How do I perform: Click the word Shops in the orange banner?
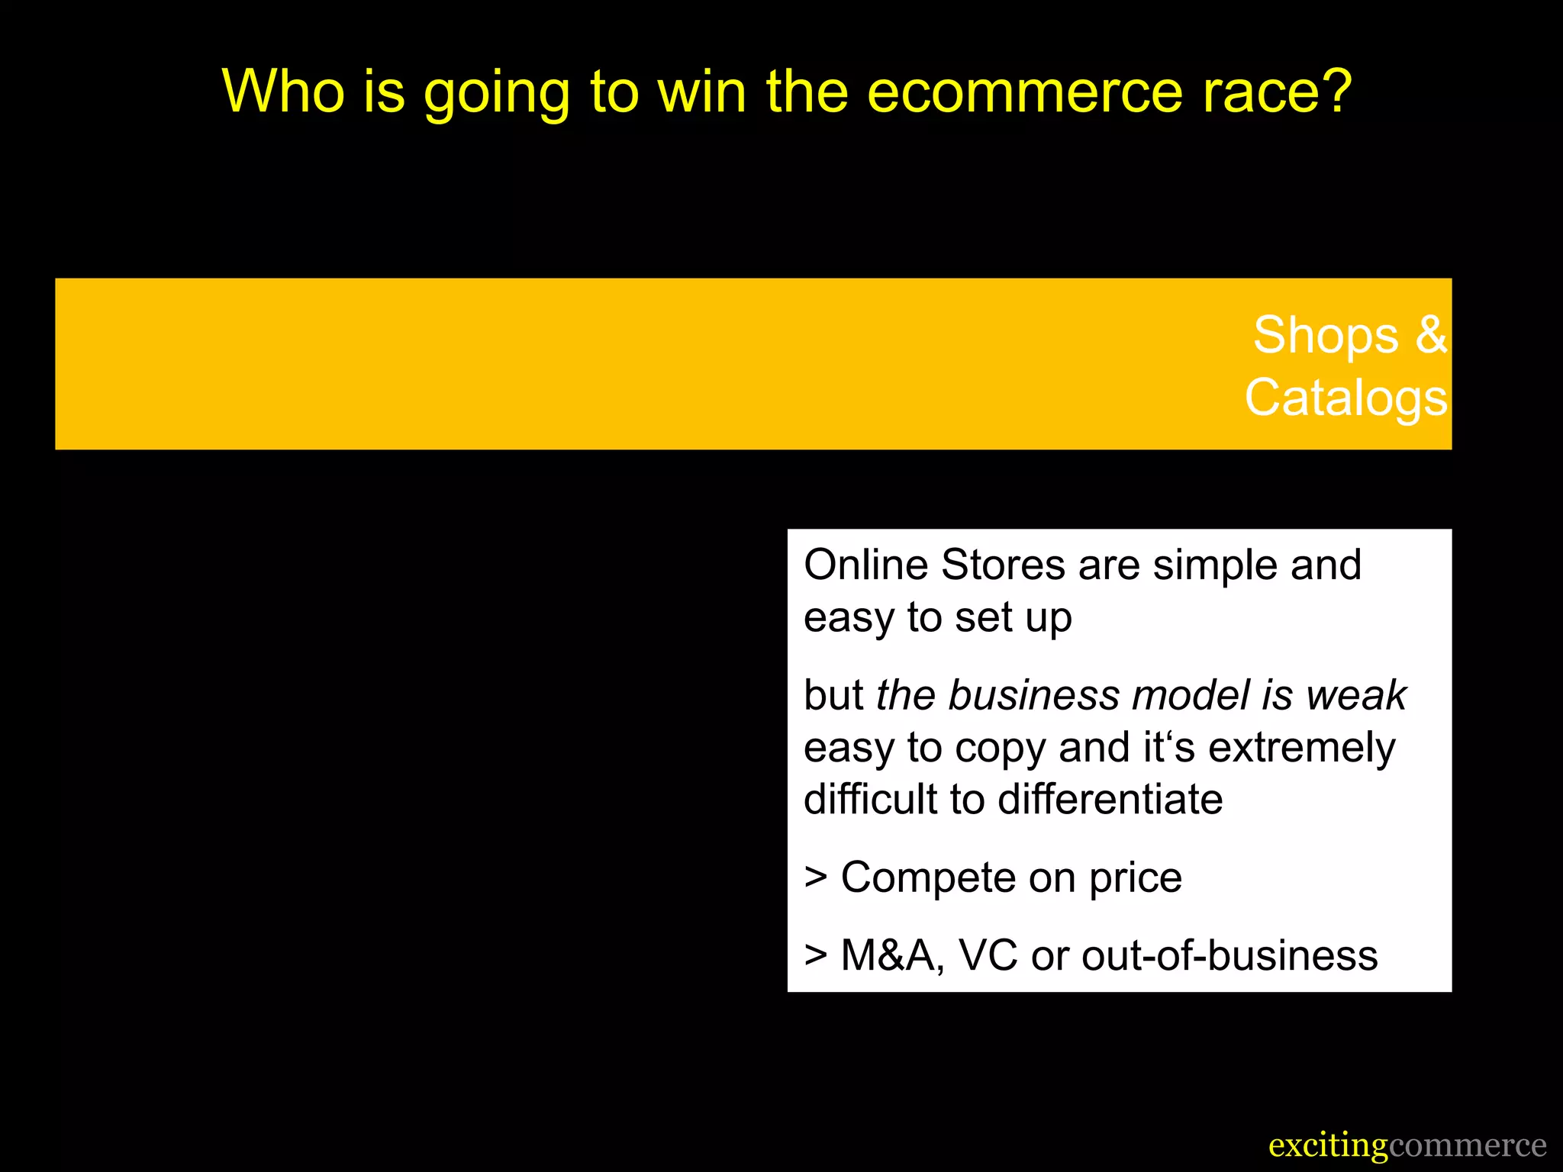[x=1326, y=336]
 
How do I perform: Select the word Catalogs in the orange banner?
[x=1346, y=398]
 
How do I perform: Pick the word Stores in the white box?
[x=1004, y=565]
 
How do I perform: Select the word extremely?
[x=1302, y=748]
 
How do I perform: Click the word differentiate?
[x=1110, y=800]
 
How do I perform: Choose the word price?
[x=1136, y=878]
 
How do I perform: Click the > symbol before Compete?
[x=816, y=878]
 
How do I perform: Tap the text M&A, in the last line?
[x=892, y=956]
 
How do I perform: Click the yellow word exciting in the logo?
[x=1328, y=1146]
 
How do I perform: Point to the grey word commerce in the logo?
[x=1468, y=1146]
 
